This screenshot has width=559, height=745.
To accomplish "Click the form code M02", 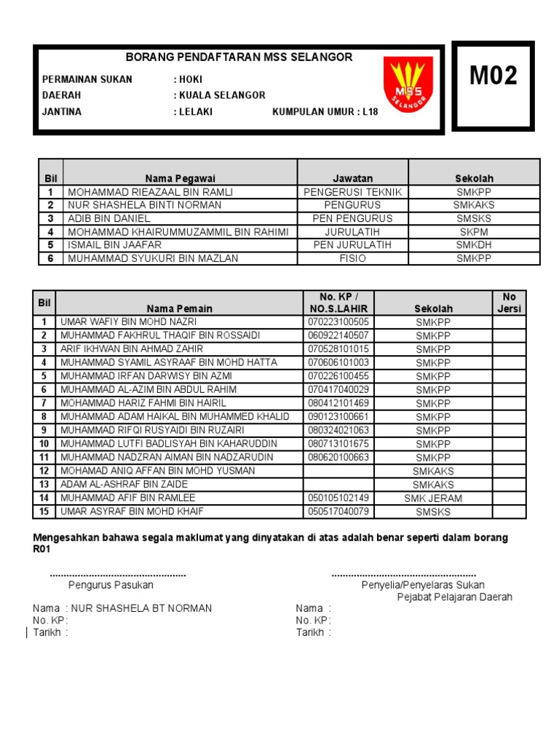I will [x=493, y=76].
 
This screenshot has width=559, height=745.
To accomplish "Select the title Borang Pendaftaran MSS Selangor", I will [x=239, y=57].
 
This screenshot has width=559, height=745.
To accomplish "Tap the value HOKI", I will [x=191, y=79].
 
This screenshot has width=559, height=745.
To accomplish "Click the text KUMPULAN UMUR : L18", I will [x=325, y=112].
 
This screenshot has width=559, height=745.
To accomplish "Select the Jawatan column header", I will [x=352, y=178].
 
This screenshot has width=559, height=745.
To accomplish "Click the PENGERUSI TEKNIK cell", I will [x=352, y=192].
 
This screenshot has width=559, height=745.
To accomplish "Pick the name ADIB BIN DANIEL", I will [x=109, y=218].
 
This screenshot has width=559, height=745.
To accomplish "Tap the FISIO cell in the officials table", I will [x=352, y=258].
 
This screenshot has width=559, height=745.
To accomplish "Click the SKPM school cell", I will [x=474, y=231].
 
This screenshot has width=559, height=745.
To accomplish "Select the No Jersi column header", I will [x=509, y=303].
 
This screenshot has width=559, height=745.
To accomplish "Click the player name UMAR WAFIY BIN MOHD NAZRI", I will [x=129, y=322].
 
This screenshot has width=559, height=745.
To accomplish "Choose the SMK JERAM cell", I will [x=433, y=498].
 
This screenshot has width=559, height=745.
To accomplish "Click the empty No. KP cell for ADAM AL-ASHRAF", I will [x=338, y=485].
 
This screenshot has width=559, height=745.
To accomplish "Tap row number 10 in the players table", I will [x=44, y=444].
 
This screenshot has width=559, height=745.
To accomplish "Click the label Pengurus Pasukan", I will [x=111, y=585].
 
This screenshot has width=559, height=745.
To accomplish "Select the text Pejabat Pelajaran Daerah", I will [x=454, y=597].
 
